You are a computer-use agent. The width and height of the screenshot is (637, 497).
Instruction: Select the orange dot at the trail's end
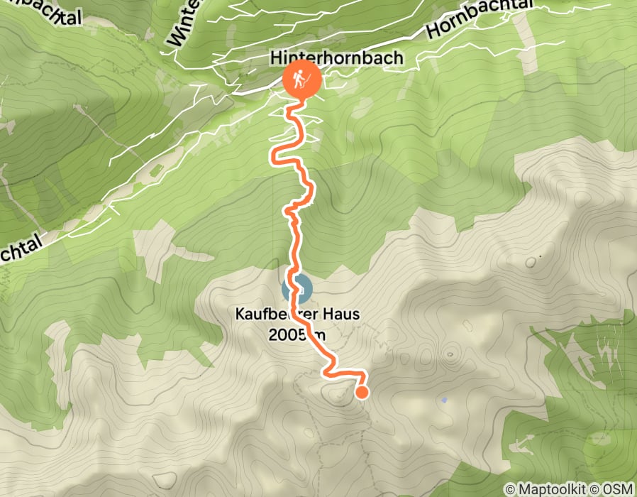click(x=362, y=391)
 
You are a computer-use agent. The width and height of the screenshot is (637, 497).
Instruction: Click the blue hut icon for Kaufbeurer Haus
click(x=297, y=289)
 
